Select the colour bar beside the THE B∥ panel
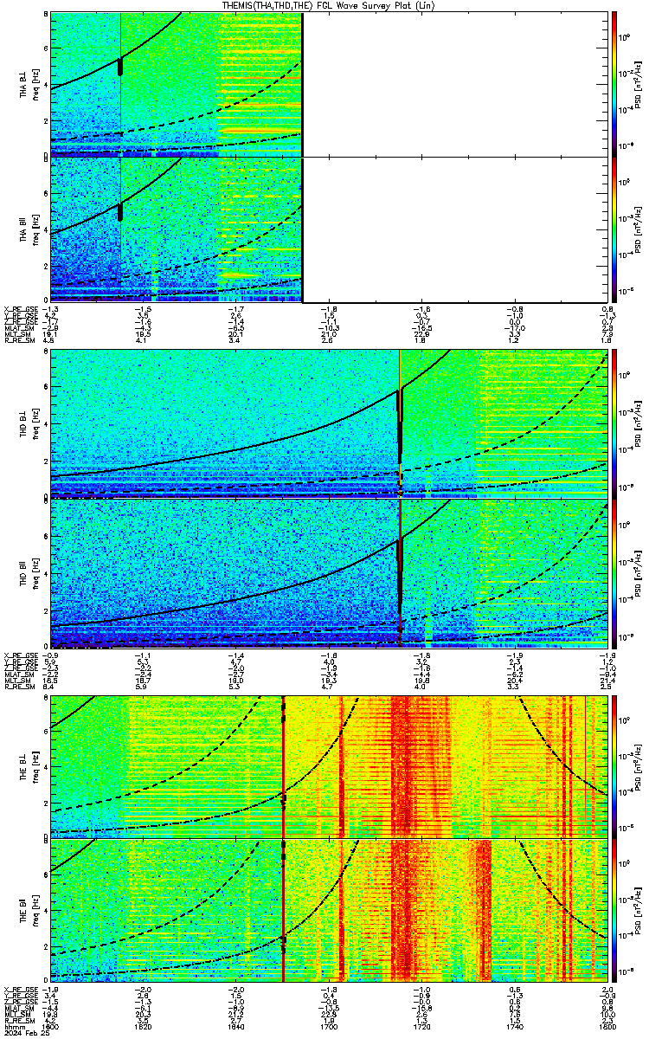[614, 912]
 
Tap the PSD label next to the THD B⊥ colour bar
[637, 423]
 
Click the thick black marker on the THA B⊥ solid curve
[120, 66]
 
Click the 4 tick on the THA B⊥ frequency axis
[45, 84]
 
